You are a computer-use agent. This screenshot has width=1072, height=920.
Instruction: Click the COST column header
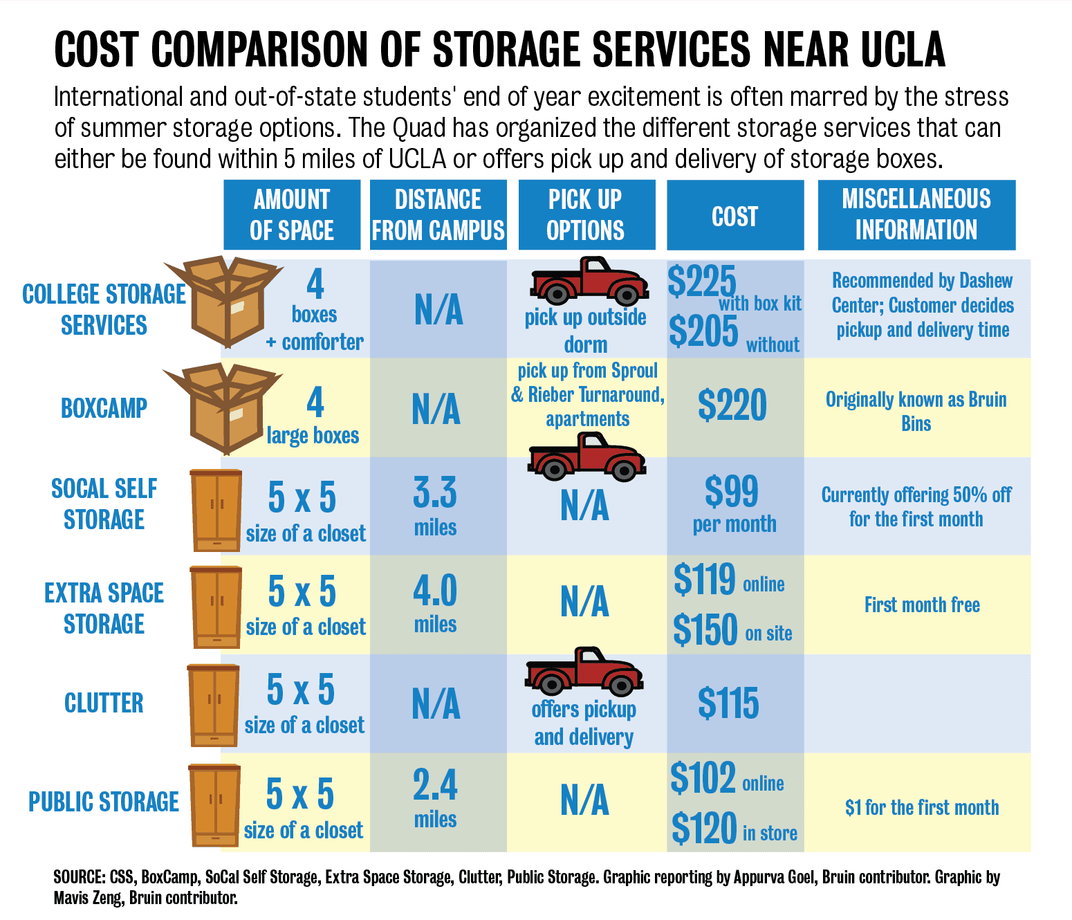click(734, 216)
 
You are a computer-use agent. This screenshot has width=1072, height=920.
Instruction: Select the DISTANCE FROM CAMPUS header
click(438, 215)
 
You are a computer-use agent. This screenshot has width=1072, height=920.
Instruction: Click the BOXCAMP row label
click(104, 408)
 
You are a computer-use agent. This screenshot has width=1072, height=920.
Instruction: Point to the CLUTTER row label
click(104, 703)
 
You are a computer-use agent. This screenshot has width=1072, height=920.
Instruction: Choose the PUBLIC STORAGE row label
click(104, 802)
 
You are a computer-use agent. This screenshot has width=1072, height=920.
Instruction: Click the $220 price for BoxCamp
click(732, 405)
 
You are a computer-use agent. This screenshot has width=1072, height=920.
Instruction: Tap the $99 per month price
click(733, 504)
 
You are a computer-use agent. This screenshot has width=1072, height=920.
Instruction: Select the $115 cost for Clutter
click(728, 703)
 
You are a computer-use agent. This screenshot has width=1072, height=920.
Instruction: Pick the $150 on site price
click(732, 630)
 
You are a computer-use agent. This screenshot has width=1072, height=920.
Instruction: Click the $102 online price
click(726, 779)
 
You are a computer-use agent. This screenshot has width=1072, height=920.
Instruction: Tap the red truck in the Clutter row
click(584, 671)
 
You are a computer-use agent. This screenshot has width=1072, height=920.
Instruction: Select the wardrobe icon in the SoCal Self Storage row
click(216, 510)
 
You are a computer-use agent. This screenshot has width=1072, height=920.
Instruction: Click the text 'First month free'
click(922, 605)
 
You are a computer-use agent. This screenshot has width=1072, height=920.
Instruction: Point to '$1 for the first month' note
click(922, 807)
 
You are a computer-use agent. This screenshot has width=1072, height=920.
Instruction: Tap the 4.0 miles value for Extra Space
click(435, 603)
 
